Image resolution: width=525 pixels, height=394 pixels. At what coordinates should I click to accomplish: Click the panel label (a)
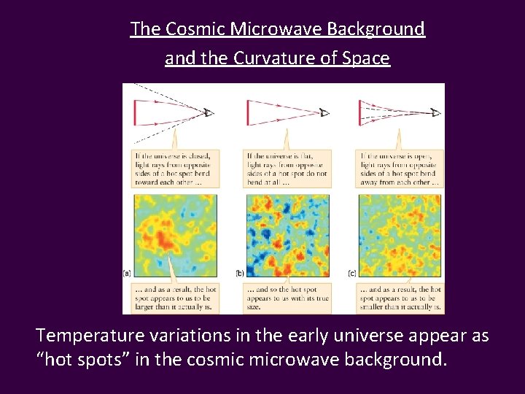click(127, 273)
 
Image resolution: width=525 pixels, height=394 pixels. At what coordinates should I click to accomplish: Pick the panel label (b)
click(239, 273)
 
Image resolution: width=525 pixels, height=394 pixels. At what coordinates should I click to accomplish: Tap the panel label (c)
click(351, 273)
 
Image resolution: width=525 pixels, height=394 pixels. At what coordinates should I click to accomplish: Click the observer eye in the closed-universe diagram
click(209, 112)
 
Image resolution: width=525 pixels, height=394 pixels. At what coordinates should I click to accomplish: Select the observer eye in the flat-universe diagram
click(324, 113)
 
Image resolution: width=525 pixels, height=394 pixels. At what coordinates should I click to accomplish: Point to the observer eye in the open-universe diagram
click(435, 112)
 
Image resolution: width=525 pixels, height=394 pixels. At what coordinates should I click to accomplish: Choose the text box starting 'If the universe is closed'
click(175, 169)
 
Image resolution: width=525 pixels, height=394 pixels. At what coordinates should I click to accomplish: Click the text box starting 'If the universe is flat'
click(287, 169)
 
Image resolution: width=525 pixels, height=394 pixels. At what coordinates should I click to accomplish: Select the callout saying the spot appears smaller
click(400, 298)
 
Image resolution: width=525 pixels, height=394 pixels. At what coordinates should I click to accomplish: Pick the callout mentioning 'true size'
click(287, 298)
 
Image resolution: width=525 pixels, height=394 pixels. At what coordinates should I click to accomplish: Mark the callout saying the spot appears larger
click(175, 298)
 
